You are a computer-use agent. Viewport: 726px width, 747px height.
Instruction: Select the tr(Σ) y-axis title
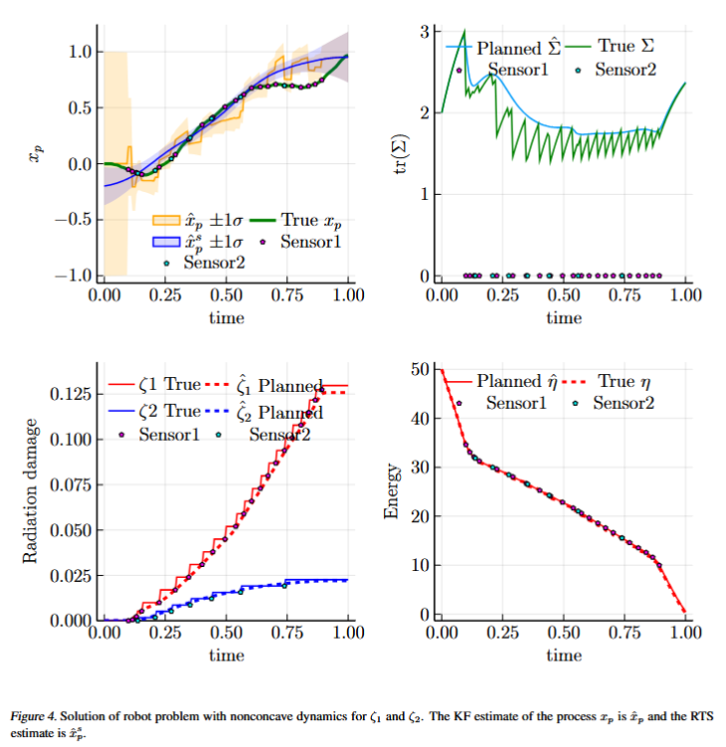(x=399, y=156)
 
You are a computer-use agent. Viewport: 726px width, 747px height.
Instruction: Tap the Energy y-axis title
(x=393, y=491)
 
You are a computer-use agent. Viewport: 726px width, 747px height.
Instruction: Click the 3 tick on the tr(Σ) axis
(x=424, y=32)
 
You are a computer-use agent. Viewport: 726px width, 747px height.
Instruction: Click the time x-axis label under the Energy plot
(x=563, y=655)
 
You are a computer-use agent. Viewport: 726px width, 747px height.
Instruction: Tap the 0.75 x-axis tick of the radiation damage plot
(x=286, y=632)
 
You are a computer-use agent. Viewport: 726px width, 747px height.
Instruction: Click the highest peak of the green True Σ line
(x=463, y=31)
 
